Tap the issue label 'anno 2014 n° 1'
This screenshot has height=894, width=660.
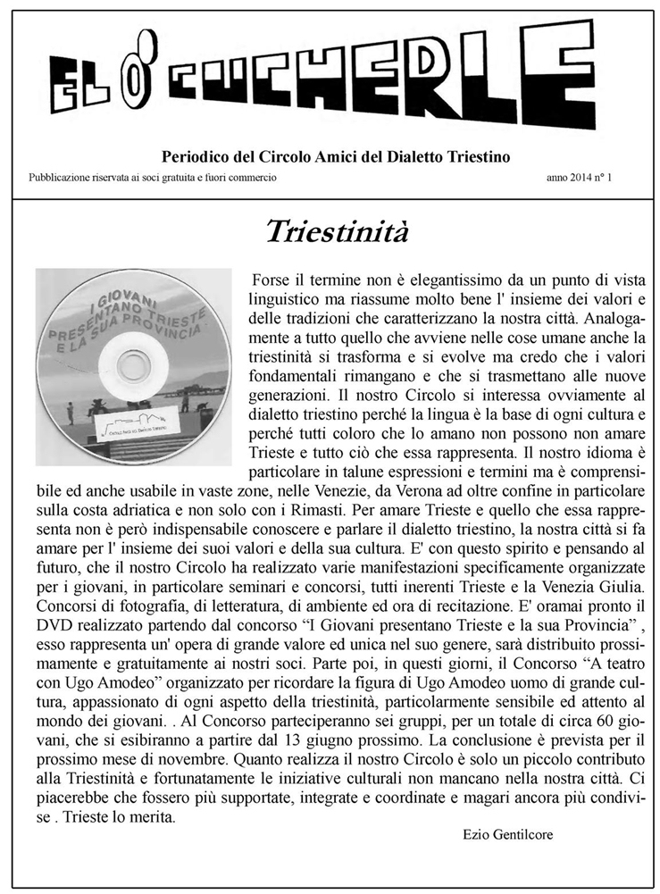pos(585,178)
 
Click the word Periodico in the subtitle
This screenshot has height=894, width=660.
pos(190,157)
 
